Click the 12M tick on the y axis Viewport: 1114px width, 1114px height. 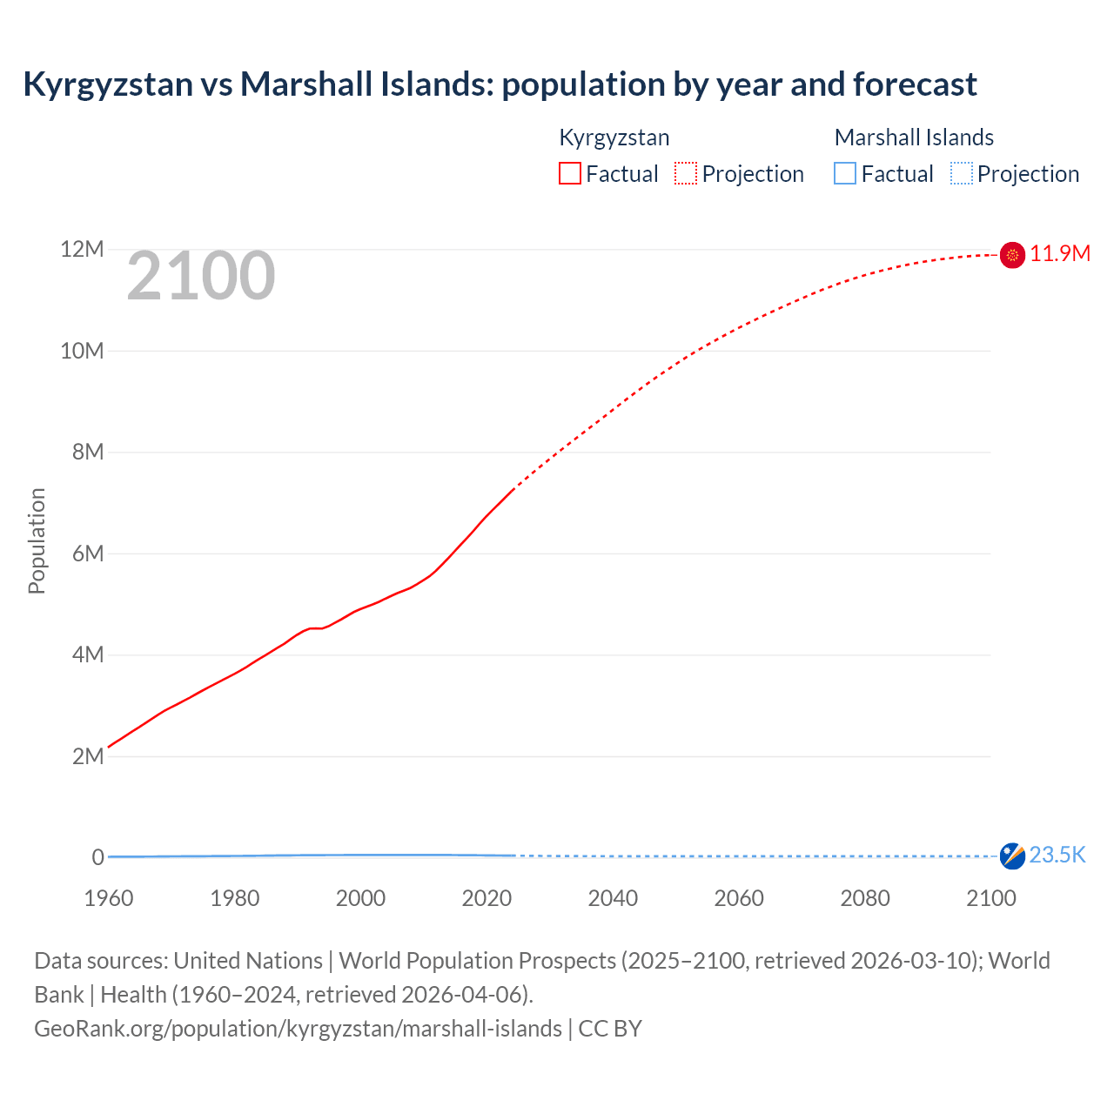(82, 250)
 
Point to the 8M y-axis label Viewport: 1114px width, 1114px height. (88, 453)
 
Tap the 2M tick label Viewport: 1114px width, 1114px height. (88, 756)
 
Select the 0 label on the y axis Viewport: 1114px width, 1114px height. (98, 857)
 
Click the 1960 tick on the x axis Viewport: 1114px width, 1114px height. (109, 898)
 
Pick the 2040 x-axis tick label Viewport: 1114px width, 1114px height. (613, 898)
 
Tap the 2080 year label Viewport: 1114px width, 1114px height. (865, 898)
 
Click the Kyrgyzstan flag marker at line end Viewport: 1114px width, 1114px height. (1012, 255)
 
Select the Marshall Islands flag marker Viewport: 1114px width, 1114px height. (1012, 856)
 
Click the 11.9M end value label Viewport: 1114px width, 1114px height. (1060, 254)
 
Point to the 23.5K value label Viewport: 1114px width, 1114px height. (1057, 856)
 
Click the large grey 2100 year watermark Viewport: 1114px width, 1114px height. (201, 277)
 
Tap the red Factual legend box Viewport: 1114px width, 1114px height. (570, 174)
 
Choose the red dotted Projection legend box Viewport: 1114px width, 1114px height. (686, 174)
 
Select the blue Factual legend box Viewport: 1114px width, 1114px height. (845, 174)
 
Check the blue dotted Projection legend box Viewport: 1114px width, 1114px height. (962, 174)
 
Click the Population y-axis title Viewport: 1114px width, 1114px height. (37, 540)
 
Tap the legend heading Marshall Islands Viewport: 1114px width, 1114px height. (914, 138)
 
